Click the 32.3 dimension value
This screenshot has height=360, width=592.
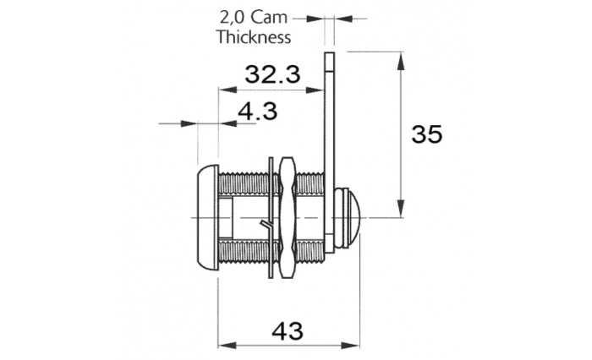click(x=272, y=74)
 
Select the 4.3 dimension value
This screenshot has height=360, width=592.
click(x=257, y=111)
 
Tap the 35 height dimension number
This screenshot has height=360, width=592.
click(x=426, y=134)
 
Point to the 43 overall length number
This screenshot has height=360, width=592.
click(x=288, y=331)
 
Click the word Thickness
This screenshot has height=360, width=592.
click(x=254, y=37)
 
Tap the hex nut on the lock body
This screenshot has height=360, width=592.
click(x=288, y=218)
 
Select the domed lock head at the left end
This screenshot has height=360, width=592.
click(x=207, y=218)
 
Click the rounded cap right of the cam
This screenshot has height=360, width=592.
click(x=348, y=218)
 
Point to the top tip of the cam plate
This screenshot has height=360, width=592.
click(x=329, y=52)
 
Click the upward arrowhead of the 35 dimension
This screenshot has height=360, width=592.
click(x=401, y=62)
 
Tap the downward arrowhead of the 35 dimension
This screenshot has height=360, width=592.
click(x=401, y=208)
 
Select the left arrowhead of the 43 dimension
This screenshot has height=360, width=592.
click(x=227, y=346)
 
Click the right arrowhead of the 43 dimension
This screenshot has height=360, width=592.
click(x=350, y=346)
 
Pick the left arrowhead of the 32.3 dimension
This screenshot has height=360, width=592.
click(x=228, y=90)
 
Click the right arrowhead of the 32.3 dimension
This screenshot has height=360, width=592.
click(x=315, y=90)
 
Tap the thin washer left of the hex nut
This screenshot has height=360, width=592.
click(x=271, y=218)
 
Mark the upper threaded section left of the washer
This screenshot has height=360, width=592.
click(x=244, y=184)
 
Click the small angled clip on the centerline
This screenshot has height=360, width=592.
click(x=266, y=226)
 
